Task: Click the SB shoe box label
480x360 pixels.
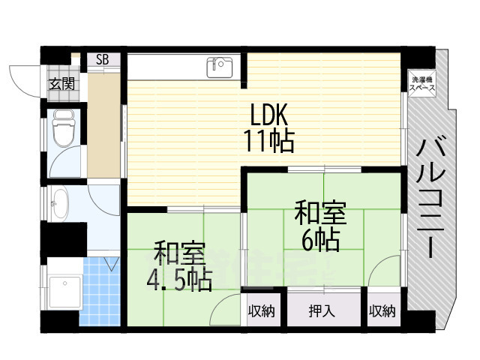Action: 102,60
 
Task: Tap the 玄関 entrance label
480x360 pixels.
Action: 62,84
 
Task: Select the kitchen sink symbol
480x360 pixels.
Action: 220,67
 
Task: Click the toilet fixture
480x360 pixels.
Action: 64,128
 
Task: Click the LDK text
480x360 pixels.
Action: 268,115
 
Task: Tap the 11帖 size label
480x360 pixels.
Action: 268,141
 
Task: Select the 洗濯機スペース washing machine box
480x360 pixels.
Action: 422,83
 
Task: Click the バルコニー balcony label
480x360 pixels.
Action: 430,198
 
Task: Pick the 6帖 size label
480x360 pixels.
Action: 320,240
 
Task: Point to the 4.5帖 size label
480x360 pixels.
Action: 179,280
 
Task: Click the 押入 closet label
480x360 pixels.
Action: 322,311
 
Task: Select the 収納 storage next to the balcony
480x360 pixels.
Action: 382,311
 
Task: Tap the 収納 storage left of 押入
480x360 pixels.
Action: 261,311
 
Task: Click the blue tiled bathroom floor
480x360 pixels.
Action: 100,291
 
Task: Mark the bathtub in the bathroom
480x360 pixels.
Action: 65,292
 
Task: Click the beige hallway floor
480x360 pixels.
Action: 103,125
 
